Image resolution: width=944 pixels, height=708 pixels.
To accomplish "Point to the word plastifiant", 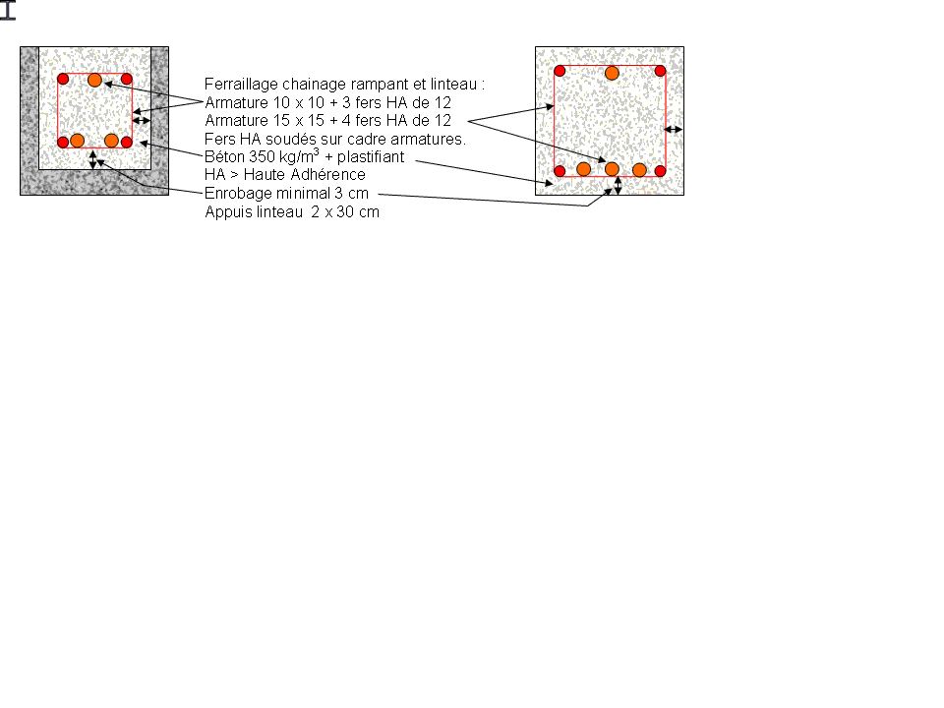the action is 371,157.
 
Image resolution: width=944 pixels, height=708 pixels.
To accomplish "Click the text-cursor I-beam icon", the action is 7,10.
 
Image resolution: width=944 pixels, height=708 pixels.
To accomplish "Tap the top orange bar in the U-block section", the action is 94,80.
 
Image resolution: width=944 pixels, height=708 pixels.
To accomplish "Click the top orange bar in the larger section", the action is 612,74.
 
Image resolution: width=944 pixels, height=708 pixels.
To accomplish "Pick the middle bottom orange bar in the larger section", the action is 612,169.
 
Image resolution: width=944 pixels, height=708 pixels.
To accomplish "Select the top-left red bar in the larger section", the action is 560,71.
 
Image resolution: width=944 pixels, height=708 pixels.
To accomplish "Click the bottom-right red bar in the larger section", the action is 660,171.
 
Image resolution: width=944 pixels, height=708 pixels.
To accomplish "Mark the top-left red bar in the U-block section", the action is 63,79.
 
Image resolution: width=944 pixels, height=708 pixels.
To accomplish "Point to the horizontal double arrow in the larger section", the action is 673,129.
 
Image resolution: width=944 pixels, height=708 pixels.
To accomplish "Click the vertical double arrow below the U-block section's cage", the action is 92,159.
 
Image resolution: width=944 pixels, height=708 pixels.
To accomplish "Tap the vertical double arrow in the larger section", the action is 618,186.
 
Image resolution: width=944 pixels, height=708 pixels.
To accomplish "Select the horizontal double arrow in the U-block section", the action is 142,120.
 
